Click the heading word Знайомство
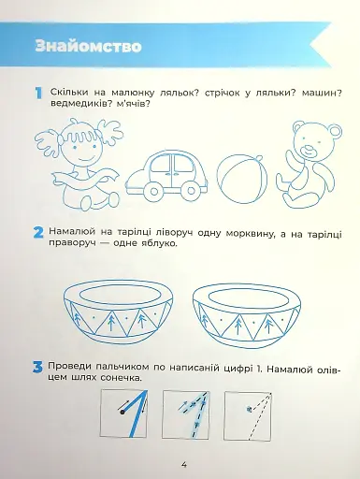coord(85,46)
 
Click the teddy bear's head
coord(311,139)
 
